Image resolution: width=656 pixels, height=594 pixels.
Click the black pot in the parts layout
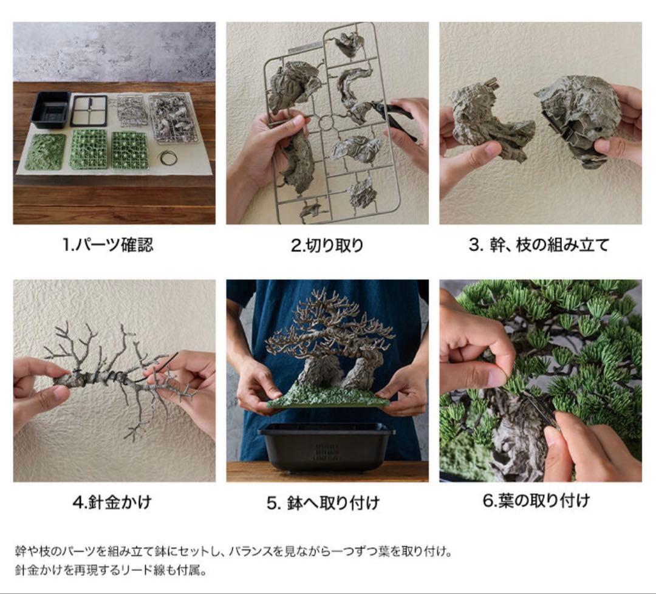tap(50, 110)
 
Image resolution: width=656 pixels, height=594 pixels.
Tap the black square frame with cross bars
tap(89, 111)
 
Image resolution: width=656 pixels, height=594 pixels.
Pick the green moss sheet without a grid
tap(45, 151)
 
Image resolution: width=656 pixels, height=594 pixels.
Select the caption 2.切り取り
tap(327, 245)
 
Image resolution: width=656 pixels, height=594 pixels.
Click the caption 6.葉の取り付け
tap(536, 500)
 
